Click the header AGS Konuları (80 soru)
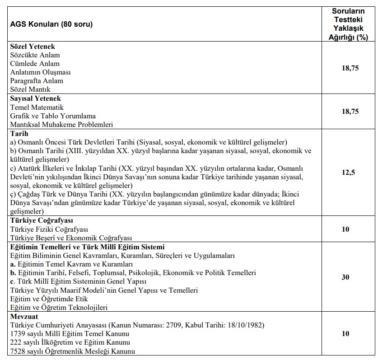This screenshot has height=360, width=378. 51,24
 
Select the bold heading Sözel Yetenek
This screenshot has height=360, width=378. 33,47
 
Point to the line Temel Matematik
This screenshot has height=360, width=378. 37,107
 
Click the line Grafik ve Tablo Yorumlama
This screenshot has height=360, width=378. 53,116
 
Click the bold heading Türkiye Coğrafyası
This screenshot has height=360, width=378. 42,220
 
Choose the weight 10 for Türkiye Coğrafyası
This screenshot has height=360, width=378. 345,229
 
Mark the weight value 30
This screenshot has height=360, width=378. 345,277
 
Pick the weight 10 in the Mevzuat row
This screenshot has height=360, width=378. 345,333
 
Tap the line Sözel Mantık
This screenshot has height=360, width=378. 30,89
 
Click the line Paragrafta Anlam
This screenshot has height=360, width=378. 37,81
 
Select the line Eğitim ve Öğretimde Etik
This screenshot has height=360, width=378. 49,299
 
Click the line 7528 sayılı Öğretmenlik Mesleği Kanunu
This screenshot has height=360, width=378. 72,351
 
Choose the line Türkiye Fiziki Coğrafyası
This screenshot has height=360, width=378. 49,229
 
